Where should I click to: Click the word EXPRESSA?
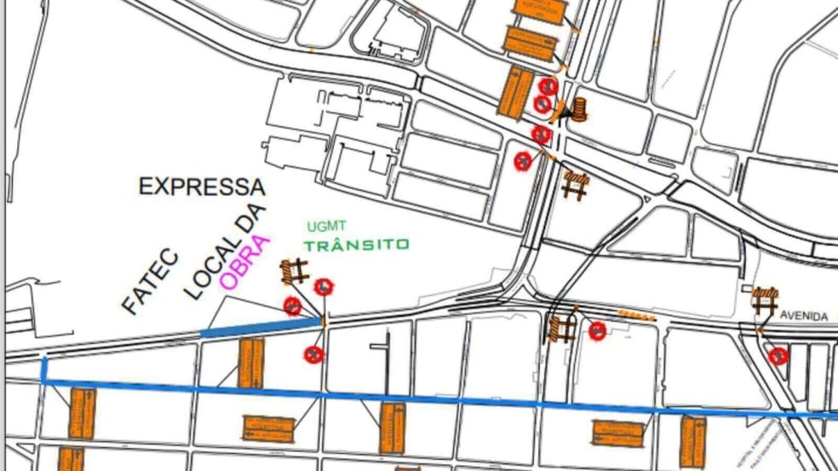click(x=202, y=187)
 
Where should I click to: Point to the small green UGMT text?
click(x=326, y=227)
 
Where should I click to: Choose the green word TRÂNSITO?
click(x=356, y=244)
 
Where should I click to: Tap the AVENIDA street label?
click(x=803, y=316)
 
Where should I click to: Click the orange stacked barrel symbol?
click(x=580, y=109)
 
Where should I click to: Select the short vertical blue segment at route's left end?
click(x=44, y=370)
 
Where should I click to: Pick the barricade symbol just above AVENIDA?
click(x=764, y=300)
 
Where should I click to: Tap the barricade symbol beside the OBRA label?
click(x=295, y=273)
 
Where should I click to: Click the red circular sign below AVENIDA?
click(x=777, y=356)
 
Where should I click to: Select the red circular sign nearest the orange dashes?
click(x=597, y=330)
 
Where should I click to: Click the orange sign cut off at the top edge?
click(x=538, y=9)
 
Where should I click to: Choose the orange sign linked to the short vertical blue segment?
click(x=82, y=413)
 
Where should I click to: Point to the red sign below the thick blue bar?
click(x=314, y=354)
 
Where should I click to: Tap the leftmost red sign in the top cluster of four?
click(x=522, y=160)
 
